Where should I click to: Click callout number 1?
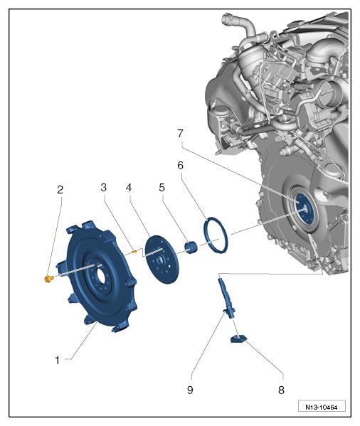click(57, 361)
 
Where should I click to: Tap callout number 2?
click(60, 190)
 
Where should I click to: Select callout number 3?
click(103, 188)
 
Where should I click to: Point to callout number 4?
click(129, 188)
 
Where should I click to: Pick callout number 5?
click(162, 188)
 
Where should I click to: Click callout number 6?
click(181, 165)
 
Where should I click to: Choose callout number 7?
click(181, 134)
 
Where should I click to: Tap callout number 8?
click(281, 390)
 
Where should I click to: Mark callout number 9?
click(190, 390)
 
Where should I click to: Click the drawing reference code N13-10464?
click(322, 408)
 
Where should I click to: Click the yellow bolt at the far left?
click(48, 279)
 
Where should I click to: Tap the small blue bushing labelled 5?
click(191, 247)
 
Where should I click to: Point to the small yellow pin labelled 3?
click(134, 252)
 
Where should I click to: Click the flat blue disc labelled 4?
click(162, 260)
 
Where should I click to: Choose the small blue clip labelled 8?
click(238, 339)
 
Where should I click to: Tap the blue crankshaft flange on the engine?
click(305, 208)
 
